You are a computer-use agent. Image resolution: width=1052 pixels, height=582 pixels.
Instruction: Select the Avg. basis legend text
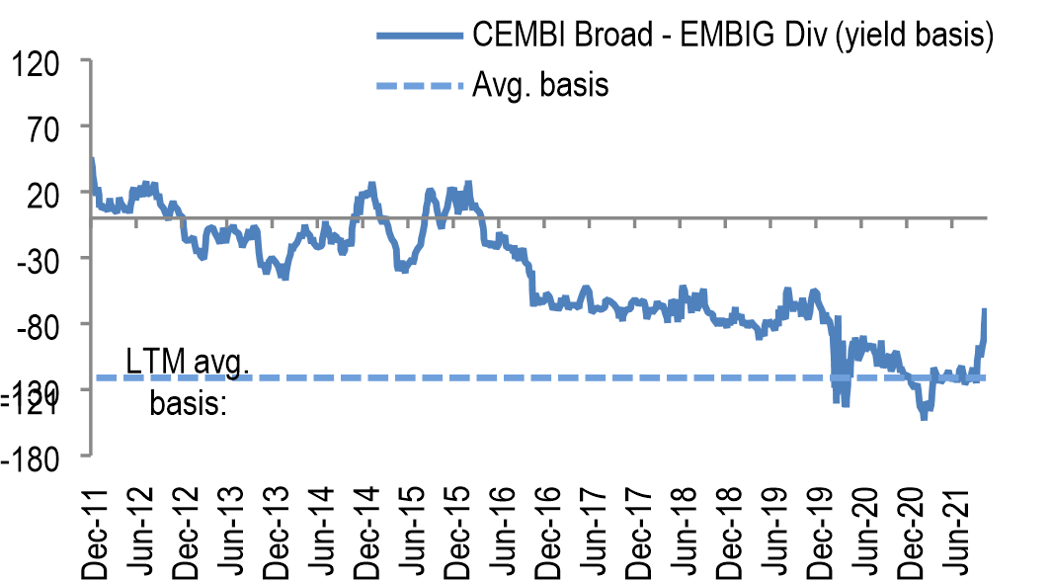[539, 85]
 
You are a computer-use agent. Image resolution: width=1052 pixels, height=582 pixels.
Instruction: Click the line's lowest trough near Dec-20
[924, 418]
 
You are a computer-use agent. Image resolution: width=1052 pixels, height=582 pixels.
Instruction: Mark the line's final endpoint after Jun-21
[985, 310]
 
